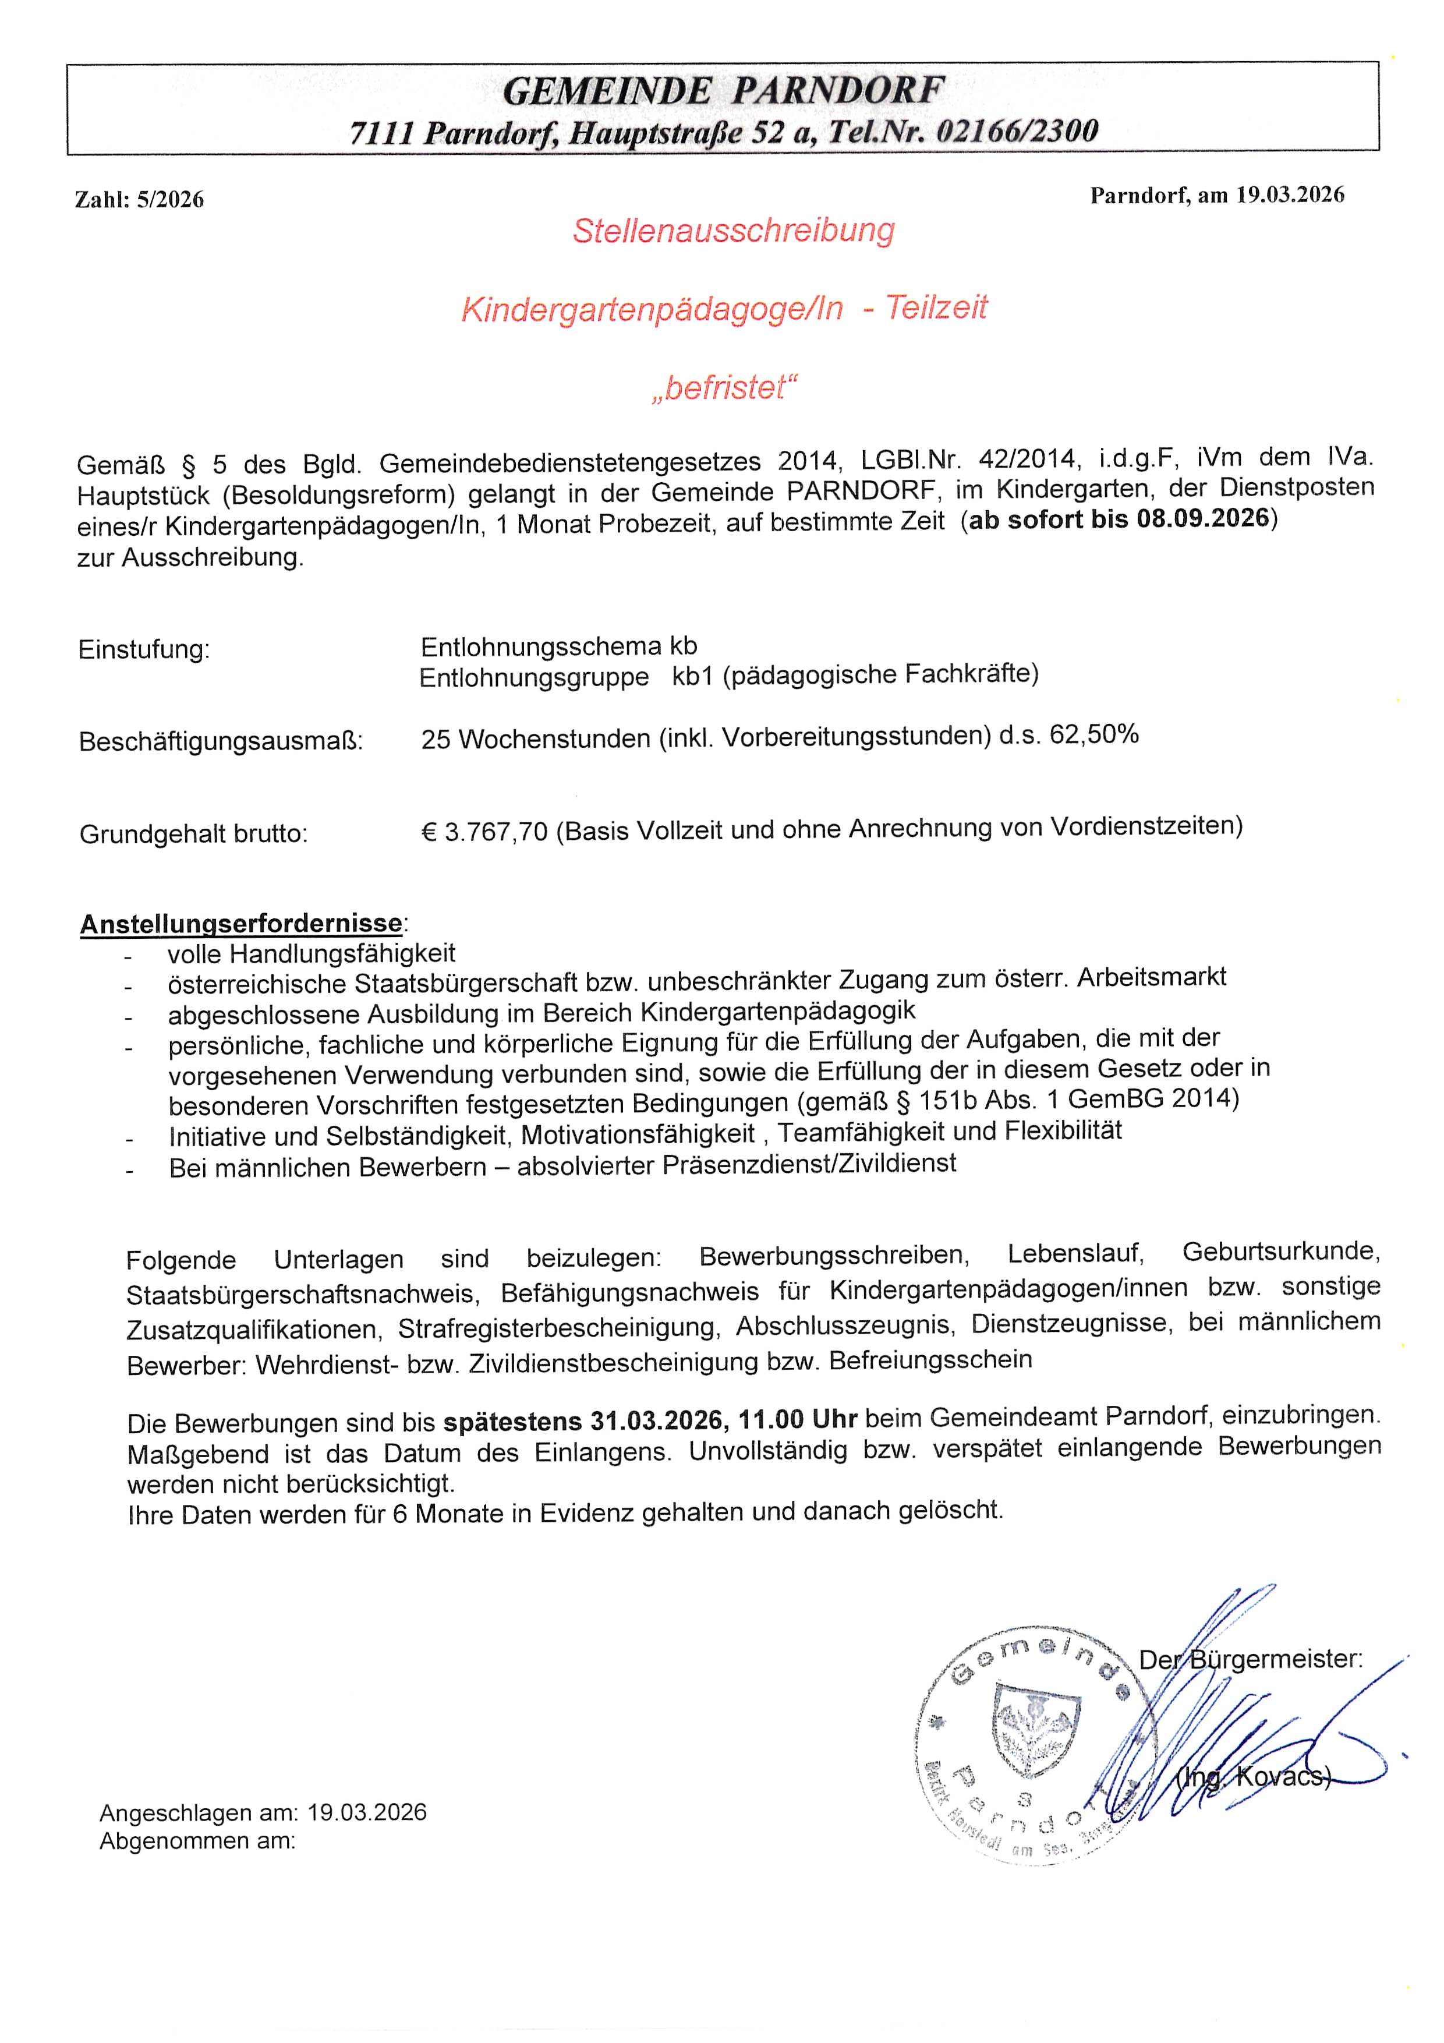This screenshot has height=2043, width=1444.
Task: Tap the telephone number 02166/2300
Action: click(x=1017, y=132)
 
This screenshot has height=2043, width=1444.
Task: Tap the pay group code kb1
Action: click(x=692, y=676)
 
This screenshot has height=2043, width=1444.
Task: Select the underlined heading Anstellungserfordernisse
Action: click(x=241, y=924)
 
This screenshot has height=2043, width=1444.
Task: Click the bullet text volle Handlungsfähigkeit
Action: click(x=312, y=954)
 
